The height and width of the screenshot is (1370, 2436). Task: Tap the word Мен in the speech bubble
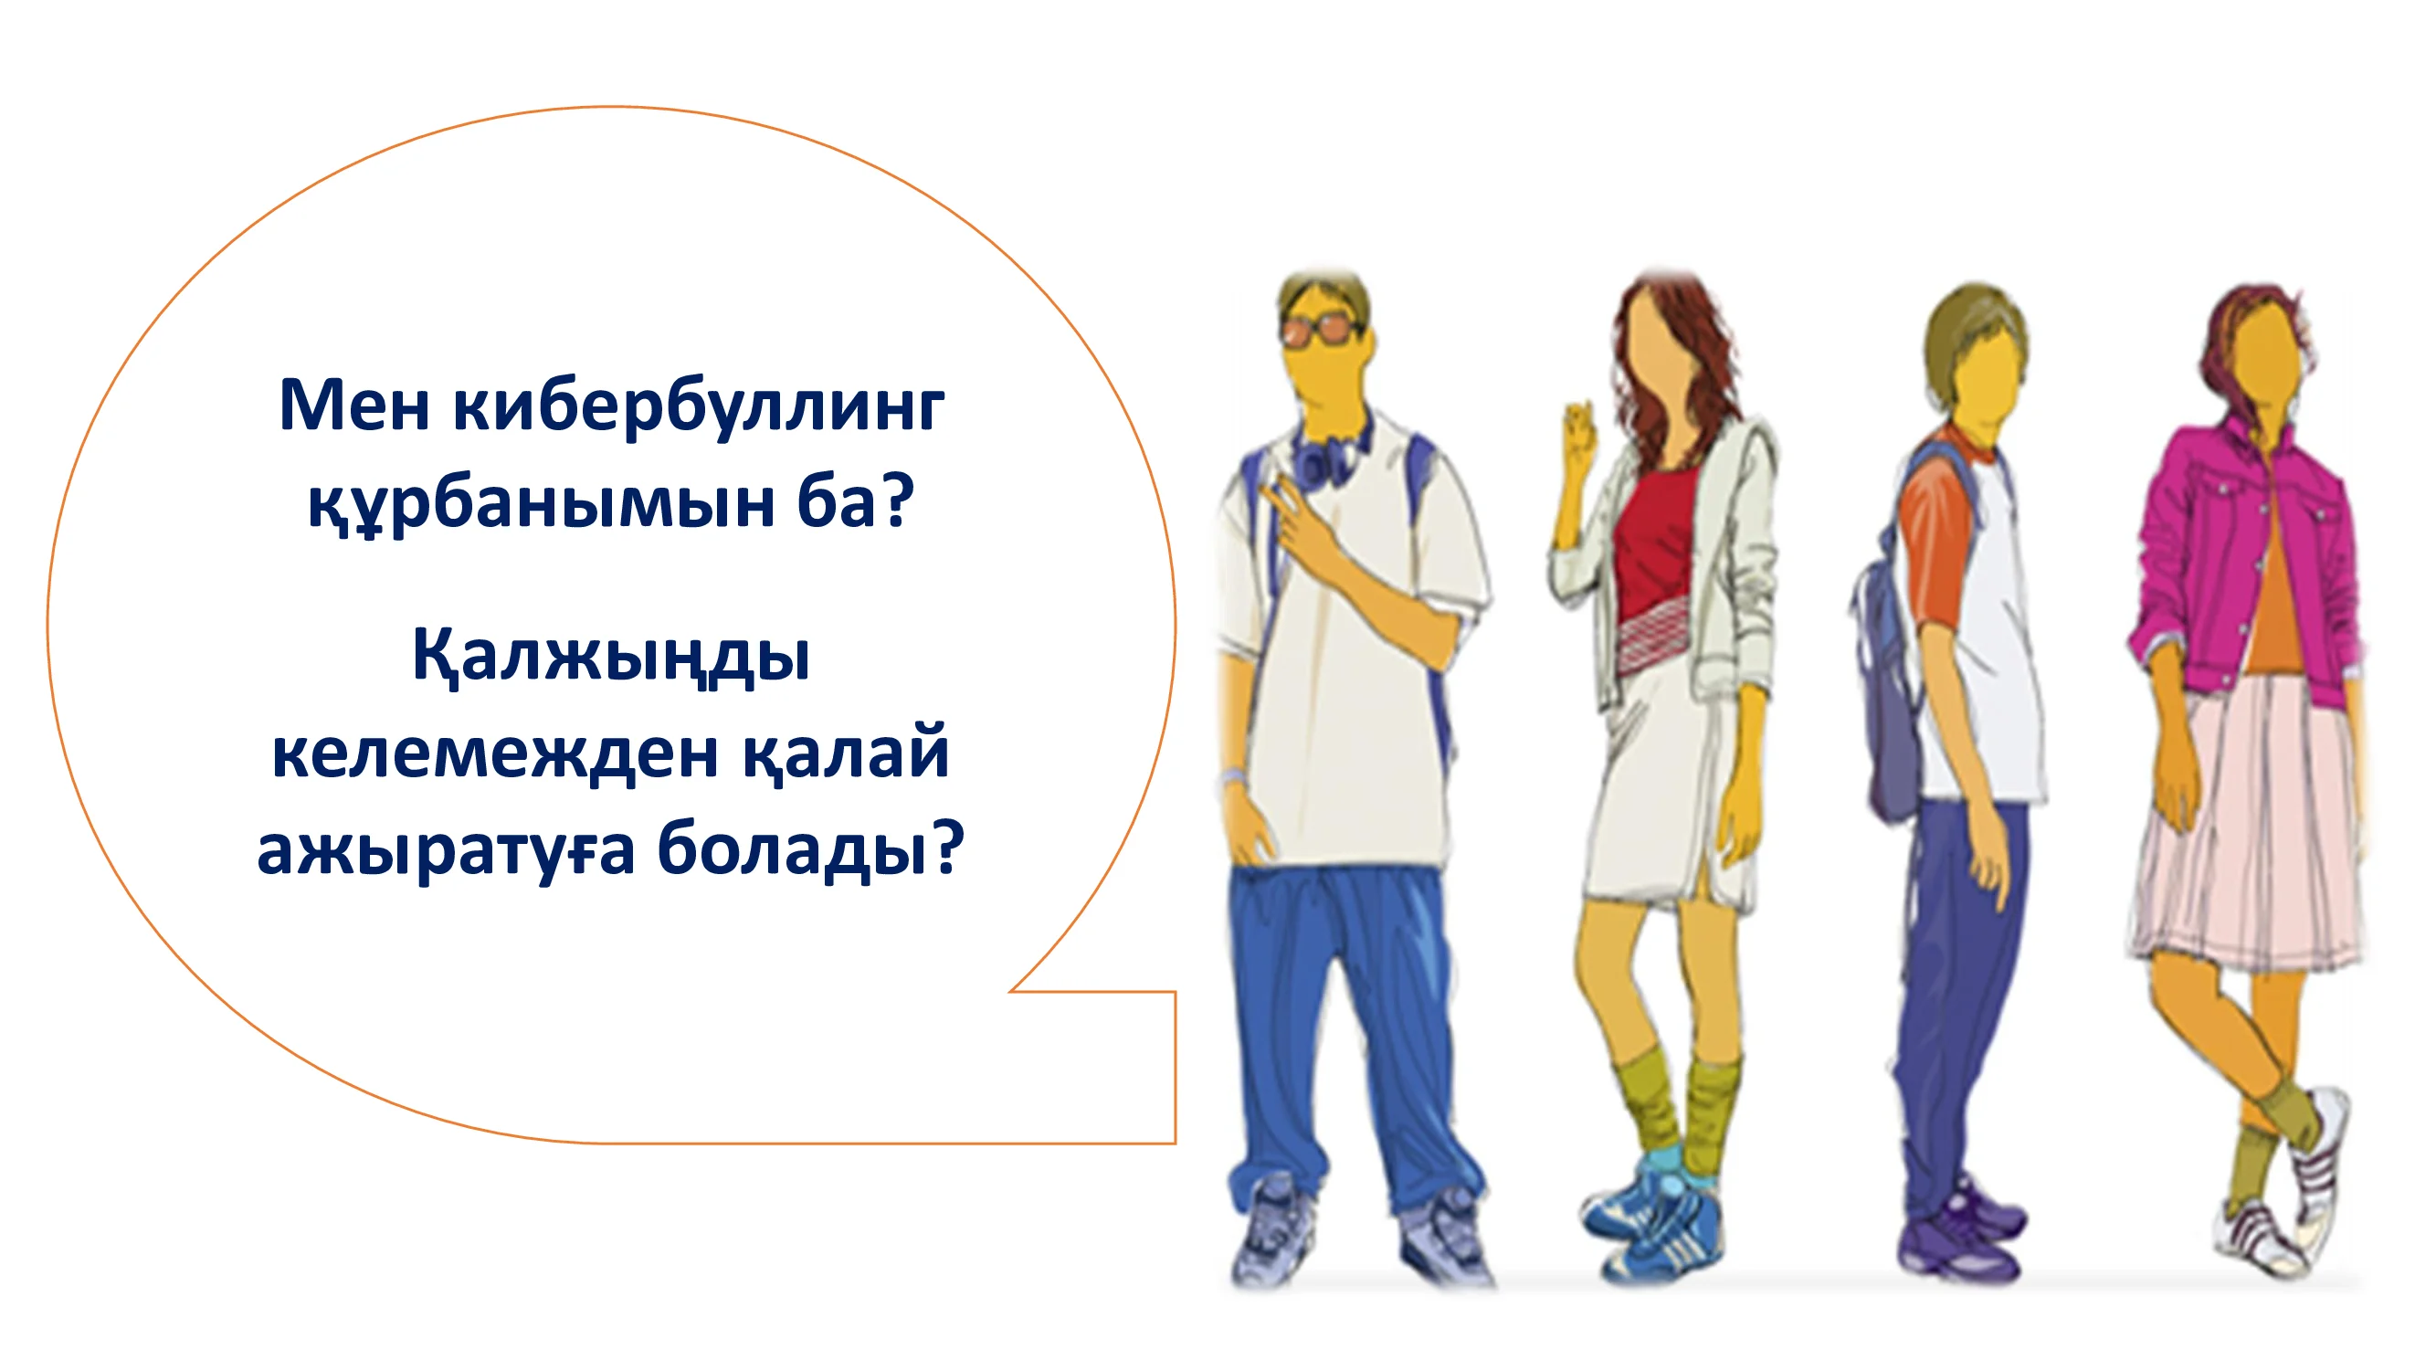(x=354, y=406)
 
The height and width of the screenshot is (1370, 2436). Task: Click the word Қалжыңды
(x=611, y=657)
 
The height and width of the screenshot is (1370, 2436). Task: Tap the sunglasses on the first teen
(x=1323, y=328)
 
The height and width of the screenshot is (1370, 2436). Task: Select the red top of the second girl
(x=1652, y=538)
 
